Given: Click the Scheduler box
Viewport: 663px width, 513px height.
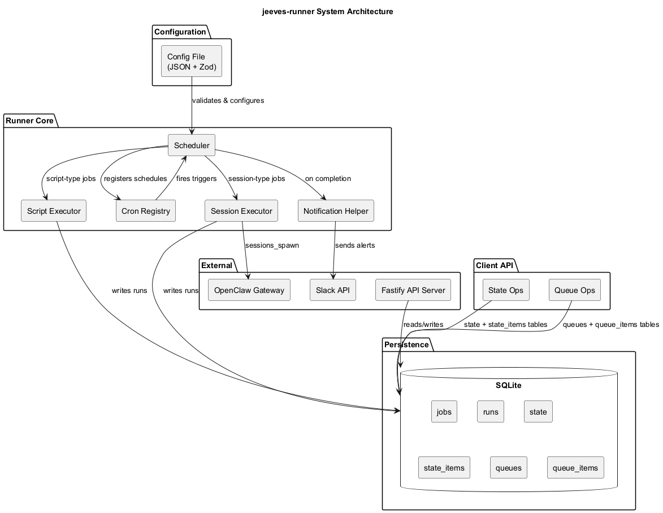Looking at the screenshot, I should (192, 145).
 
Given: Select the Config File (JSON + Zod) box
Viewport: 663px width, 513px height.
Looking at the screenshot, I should (192, 62).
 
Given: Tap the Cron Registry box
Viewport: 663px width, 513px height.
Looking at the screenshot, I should (145, 211).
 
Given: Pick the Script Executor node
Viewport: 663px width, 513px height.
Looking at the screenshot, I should (53, 211).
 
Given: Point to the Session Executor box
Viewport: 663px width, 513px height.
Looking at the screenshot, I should (241, 211).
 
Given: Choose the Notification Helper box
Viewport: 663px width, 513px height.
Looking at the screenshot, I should (336, 211).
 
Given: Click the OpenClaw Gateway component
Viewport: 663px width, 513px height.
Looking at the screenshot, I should (249, 290).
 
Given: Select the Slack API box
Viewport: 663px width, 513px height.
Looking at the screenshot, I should (333, 290).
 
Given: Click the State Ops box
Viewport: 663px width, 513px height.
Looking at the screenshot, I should (506, 290).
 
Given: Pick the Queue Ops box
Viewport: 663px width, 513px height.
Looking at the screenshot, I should (574, 290).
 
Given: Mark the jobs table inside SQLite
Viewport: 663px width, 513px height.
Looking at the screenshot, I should (444, 412).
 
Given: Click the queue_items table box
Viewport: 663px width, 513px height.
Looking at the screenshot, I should (575, 468).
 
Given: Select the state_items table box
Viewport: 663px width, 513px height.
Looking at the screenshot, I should (444, 468).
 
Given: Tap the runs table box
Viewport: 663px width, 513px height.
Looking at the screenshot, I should (490, 412).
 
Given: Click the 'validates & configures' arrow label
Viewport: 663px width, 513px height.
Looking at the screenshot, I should (228, 101).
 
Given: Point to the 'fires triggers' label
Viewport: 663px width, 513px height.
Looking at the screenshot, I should (197, 179).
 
